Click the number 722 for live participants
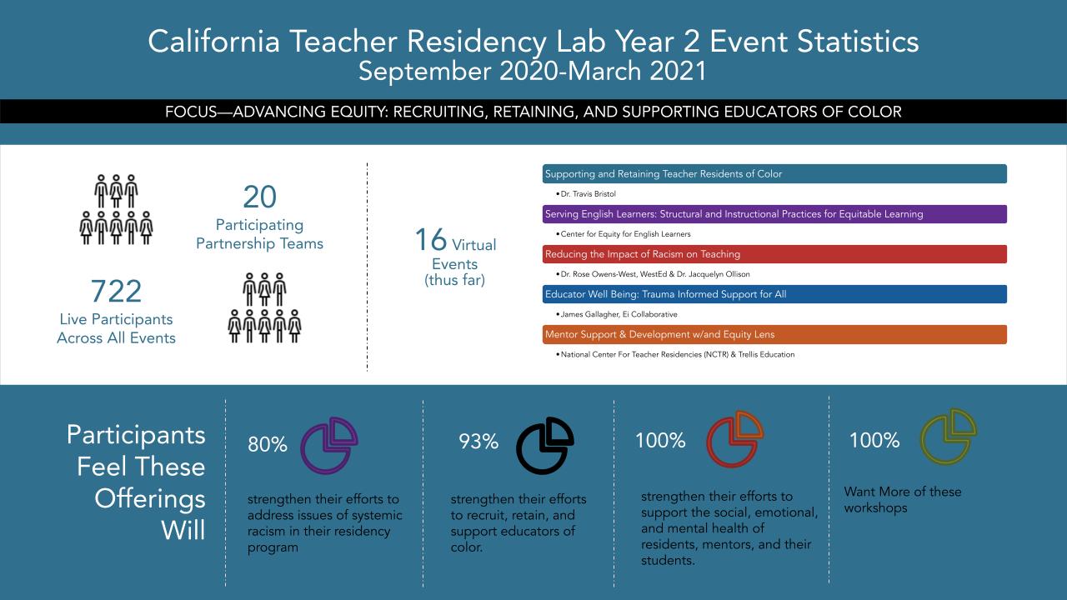(x=116, y=292)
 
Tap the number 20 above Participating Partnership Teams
(x=259, y=197)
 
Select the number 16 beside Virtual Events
(x=431, y=240)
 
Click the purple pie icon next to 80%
(x=328, y=445)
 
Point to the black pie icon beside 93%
(x=545, y=445)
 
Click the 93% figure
(x=478, y=442)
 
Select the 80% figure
(x=267, y=445)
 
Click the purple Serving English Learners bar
(x=774, y=214)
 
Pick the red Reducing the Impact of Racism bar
(x=774, y=254)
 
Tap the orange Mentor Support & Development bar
(x=774, y=334)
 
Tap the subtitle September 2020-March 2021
(x=533, y=72)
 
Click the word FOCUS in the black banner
(x=189, y=112)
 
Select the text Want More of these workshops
(x=902, y=499)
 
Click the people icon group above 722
(x=116, y=209)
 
